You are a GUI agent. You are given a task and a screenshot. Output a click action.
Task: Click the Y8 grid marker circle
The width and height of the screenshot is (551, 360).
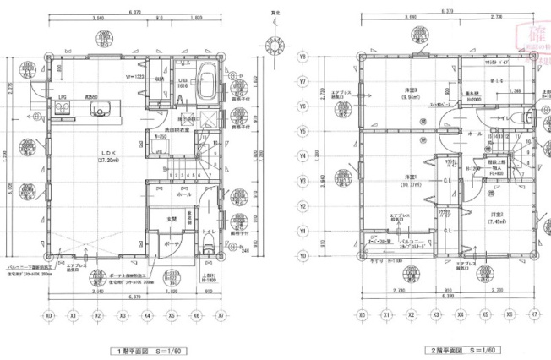point(302,57)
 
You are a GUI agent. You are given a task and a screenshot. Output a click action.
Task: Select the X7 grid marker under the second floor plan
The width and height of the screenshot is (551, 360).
point(535,315)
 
